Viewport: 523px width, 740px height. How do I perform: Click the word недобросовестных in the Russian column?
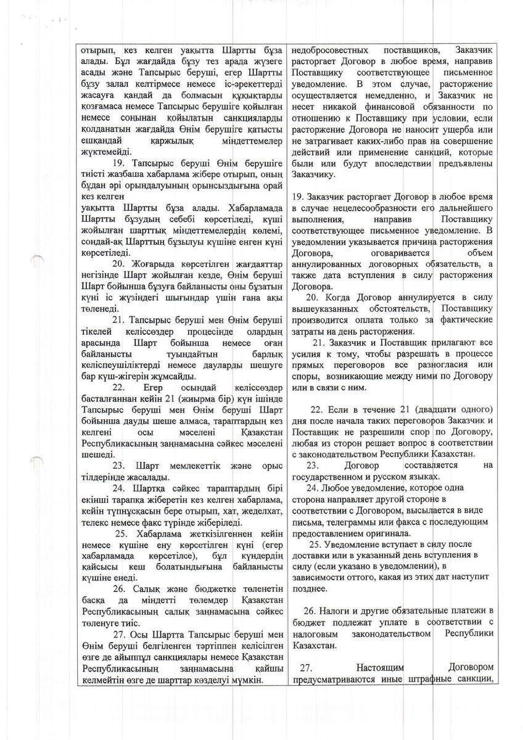coord(327,50)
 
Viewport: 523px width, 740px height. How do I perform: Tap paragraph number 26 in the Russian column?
coord(310,611)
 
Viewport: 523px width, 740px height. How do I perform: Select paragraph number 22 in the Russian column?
coord(317,409)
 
